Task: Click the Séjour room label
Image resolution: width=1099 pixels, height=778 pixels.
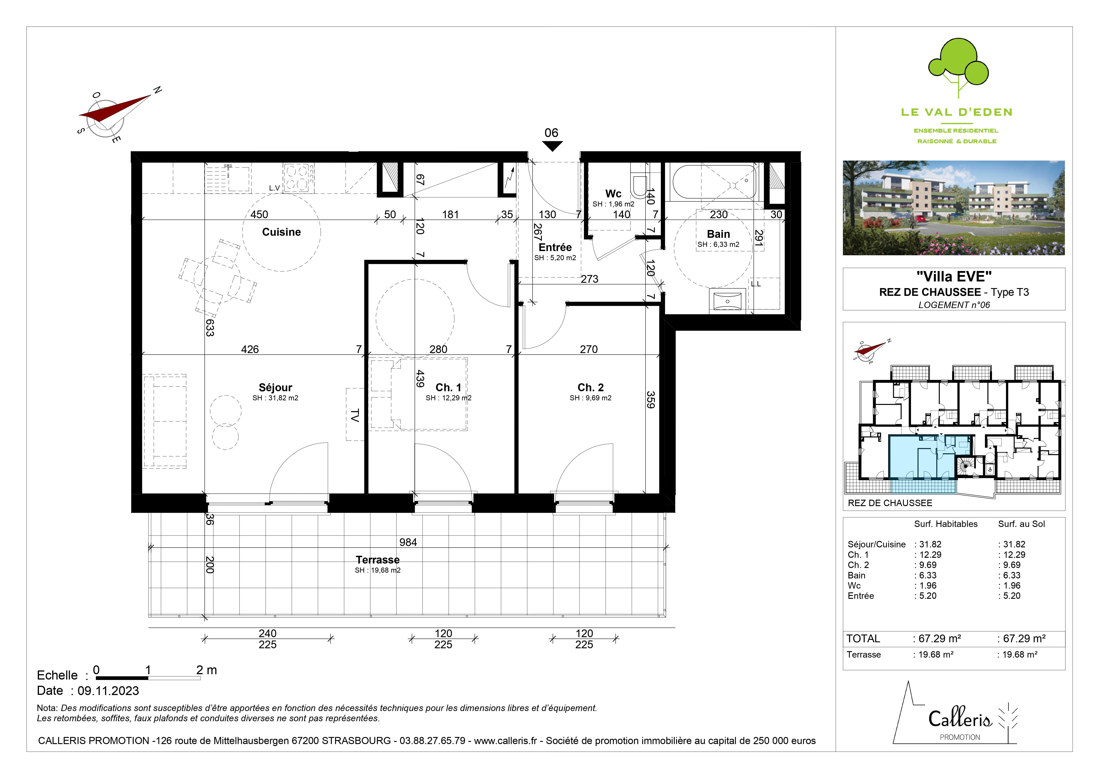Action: click(275, 388)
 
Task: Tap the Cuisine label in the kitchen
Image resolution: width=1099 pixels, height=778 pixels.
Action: click(281, 232)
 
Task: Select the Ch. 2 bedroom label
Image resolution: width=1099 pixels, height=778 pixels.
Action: click(591, 388)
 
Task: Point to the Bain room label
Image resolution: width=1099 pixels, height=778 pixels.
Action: click(718, 234)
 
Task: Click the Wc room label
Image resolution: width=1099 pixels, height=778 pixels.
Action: click(613, 194)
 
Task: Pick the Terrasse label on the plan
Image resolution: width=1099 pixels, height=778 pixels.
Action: click(378, 560)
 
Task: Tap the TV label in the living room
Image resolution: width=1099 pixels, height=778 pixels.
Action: click(355, 415)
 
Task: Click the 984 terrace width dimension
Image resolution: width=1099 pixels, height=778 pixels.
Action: click(408, 542)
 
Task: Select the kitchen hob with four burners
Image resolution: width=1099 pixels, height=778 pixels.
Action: click(299, 178)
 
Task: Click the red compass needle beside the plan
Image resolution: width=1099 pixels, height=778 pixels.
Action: click(115, 108)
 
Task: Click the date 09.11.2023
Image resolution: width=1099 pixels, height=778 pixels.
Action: click(108, 691)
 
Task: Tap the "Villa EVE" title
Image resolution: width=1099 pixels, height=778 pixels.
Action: click(954, 276)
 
